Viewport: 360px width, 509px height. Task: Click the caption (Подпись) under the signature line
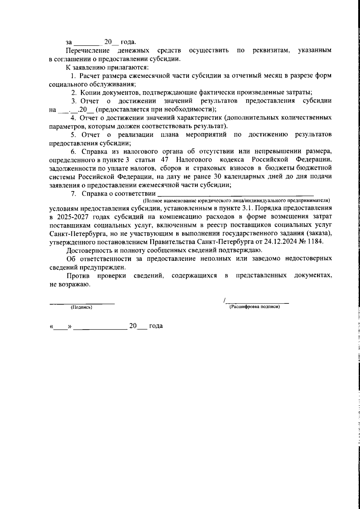[81, 307]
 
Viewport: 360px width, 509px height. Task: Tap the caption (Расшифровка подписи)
[254, 307]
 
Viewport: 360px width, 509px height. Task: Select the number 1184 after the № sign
[316, 242]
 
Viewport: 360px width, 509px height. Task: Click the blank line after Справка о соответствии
[235, 194]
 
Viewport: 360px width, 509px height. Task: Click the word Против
[77, 276]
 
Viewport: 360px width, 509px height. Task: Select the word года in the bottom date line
[156, 326]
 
